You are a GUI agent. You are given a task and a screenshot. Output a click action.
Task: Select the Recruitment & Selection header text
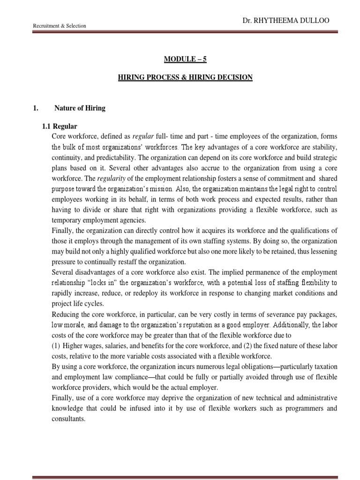click(x=59, y=26)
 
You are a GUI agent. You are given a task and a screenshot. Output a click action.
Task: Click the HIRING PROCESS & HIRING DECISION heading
click(x=185, y=77)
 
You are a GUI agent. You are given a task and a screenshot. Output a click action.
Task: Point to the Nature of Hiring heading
click(x=80, y=108)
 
